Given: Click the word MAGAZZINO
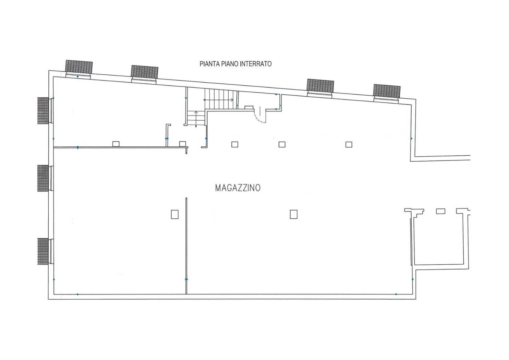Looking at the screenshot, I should [x=238, y=188].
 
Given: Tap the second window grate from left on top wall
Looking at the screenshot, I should [x=144, y=72].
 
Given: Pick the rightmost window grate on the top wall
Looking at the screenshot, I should [x=387, y=91].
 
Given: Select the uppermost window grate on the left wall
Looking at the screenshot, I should [x=43, y=110].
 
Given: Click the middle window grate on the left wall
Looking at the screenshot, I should [x=43, y=178].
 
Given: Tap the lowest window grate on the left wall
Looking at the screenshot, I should [x=43, y=251].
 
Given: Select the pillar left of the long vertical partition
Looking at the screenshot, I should [x=175, y=214].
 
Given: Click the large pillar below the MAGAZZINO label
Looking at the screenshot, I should [x=293, y=214].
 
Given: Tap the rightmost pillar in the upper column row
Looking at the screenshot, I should [x=349, y=144].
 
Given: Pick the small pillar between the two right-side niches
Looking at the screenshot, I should [x=440, y=211].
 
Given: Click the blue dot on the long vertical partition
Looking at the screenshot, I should [x=186, y=279].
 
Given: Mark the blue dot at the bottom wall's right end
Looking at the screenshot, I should [x=396, y=294].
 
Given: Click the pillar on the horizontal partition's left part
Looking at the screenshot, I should [x=116, y=144].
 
